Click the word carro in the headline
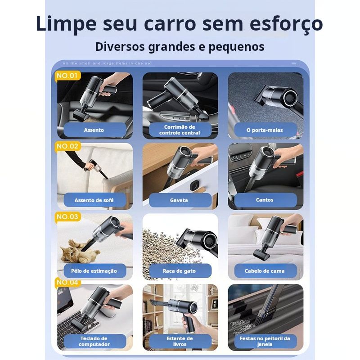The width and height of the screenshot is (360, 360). pyautogui.click(x=171, y=24)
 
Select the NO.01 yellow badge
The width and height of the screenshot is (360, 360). pyautogui.click(x=67, y=76)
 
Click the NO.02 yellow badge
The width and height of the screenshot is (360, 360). pyautogui.click(x=67, y=146)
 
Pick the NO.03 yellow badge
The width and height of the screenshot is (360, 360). pyautogui.click(x=67, y=217)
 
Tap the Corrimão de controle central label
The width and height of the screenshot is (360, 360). pyautogui.click(x=180, y=130)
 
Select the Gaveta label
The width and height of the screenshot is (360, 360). pyautogui.click(x=180, y=200)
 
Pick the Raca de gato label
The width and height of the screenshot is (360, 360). pyautogui.click(x=180, y=271)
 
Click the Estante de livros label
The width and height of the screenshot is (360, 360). pyautogui.click(x=180, y=342)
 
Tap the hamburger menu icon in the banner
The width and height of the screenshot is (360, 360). pyautogui.click(x=294, y=63)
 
